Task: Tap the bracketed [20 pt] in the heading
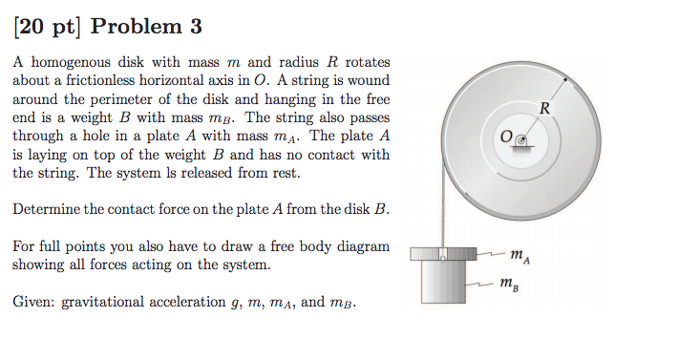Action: coord(47,28)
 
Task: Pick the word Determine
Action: coord(47,209)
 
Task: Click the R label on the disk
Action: coord(545,106)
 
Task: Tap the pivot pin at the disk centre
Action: coord(520,139)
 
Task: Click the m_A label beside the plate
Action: coord(518,253)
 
